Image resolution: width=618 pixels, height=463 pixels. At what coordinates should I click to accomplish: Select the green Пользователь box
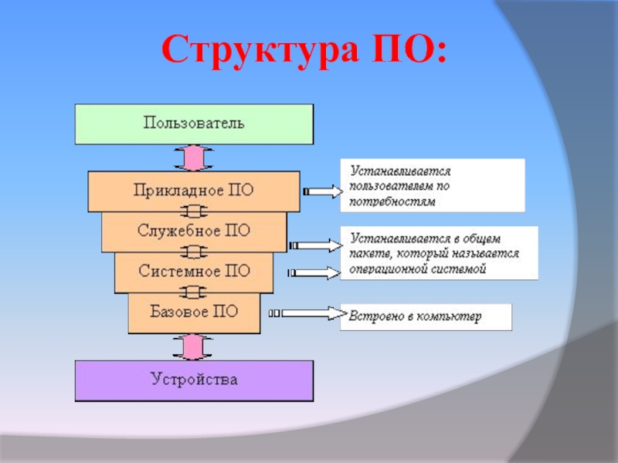pos(194,123)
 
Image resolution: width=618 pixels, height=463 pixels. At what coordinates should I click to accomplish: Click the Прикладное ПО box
pos(193,191)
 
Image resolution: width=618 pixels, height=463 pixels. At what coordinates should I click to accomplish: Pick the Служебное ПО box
pos(193,231)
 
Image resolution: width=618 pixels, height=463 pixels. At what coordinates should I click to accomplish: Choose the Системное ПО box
pos(193,271)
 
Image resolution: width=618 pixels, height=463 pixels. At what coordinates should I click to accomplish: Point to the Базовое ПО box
pos(193,312)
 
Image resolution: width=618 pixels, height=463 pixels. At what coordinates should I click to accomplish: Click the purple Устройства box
pos(194,380)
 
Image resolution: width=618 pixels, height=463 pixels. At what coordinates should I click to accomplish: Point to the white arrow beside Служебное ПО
pos(317,245)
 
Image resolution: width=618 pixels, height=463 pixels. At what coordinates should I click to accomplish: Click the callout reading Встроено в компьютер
pos(426,316)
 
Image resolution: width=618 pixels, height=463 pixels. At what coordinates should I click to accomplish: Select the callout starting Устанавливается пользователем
pos(432,185)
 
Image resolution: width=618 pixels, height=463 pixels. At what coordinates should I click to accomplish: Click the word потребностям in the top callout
pos(392,201)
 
